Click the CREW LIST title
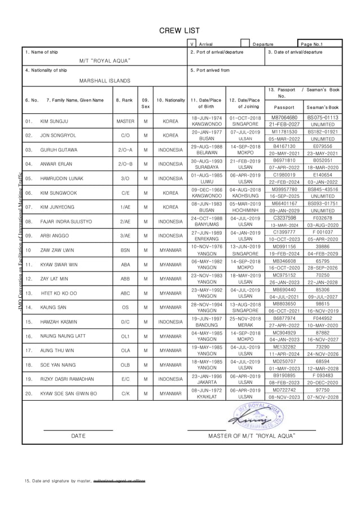click(x=179, y=30)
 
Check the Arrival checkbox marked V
click(x=192, y=43)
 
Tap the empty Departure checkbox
click(x=245, y=43)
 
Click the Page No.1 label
click(x=312, y=44)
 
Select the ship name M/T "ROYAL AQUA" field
click(x=105, y=61)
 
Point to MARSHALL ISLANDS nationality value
click(x=104, y=81)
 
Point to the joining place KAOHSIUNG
click(x=245, y=196)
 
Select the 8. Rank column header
click(x=125, y=100)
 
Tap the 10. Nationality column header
click(x=170, y=100)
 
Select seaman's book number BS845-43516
click(x=322, y=190)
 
